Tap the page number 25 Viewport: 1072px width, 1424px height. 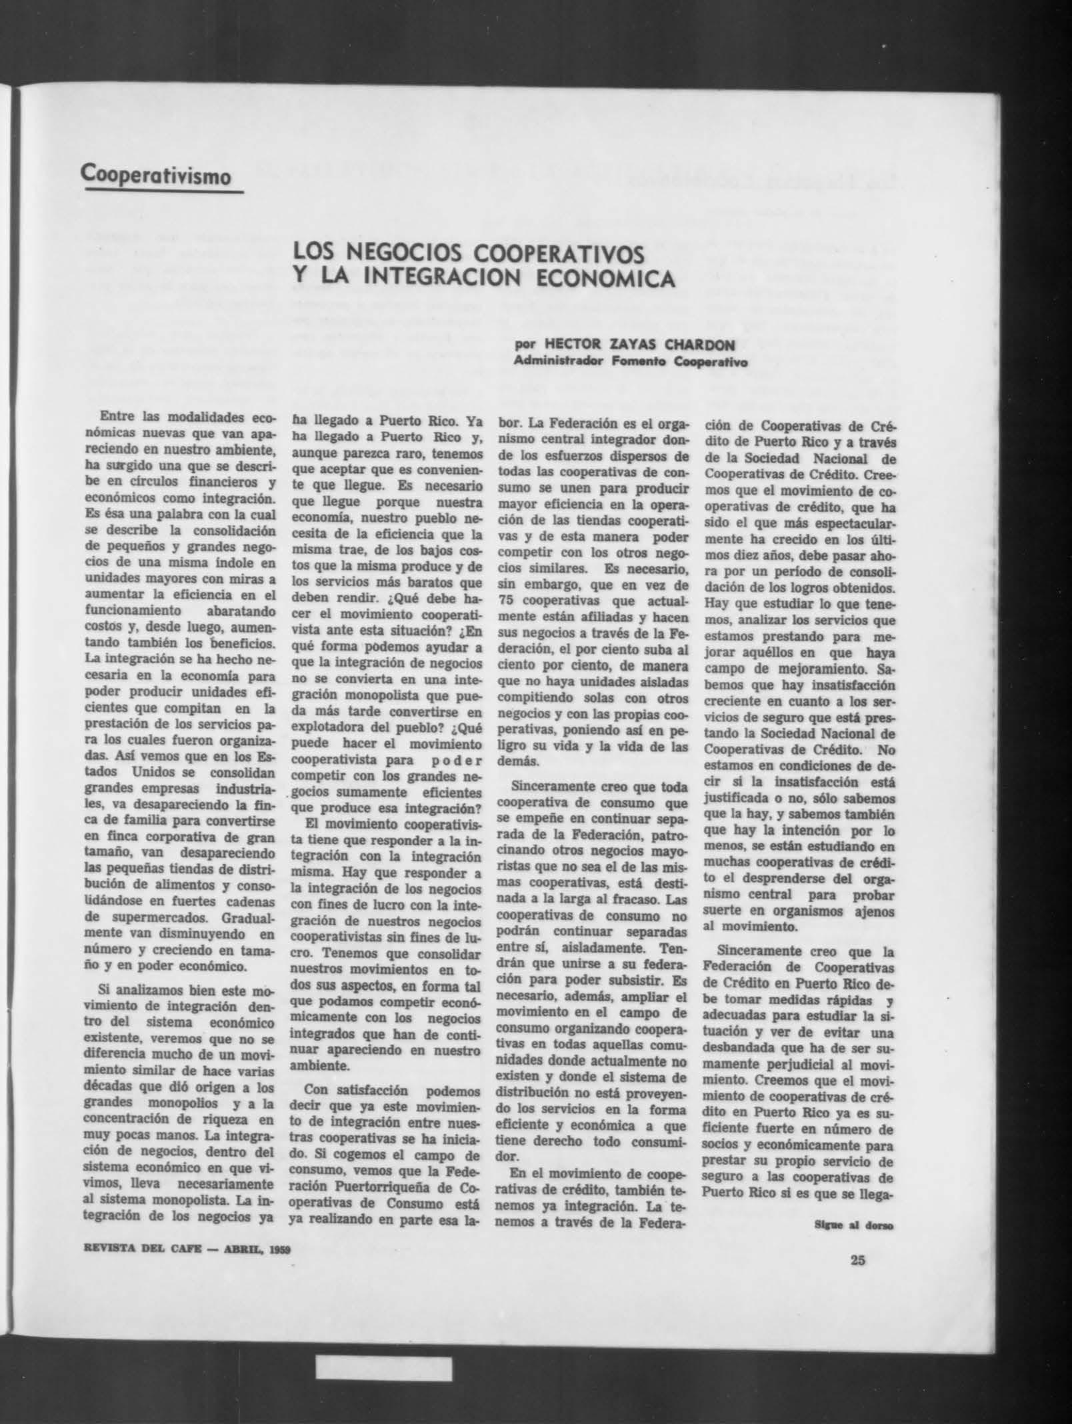(857, 1260)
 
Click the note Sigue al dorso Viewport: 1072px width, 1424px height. (854, 1225)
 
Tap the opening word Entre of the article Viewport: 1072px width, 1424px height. (113, 417)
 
